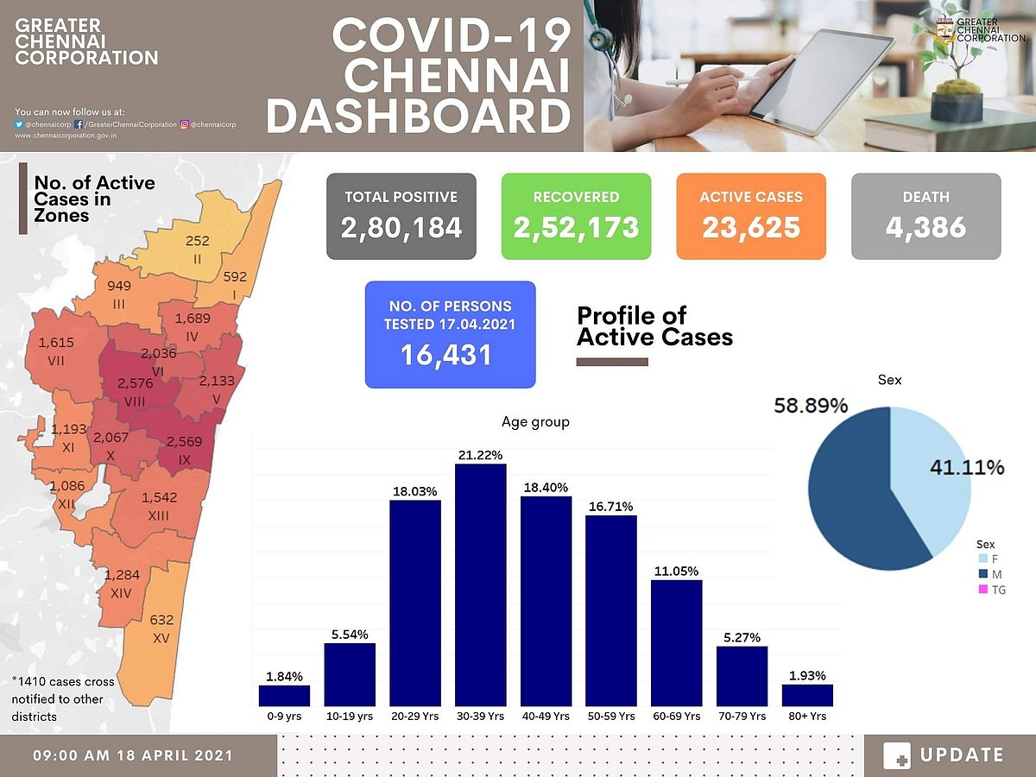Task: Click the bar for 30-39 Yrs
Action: [x=481, y=587]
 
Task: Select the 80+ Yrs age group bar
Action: [x=807, y=696]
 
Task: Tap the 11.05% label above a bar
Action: [x=676, y=572]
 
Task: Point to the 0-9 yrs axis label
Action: [x=284, y=717]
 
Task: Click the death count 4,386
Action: [x=925, y=228]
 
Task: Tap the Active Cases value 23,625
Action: [x=750, y=228]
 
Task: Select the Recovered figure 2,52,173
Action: [x=576, y=228]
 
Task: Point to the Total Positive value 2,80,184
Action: [x=401, y=228]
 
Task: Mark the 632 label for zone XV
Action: [x=161, y=620]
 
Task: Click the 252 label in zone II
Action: [x=198, y=241]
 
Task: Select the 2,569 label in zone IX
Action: [x=184, y=441]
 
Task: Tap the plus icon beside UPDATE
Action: [x=897, y=755]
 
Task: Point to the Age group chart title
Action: [x=535, y=422]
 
